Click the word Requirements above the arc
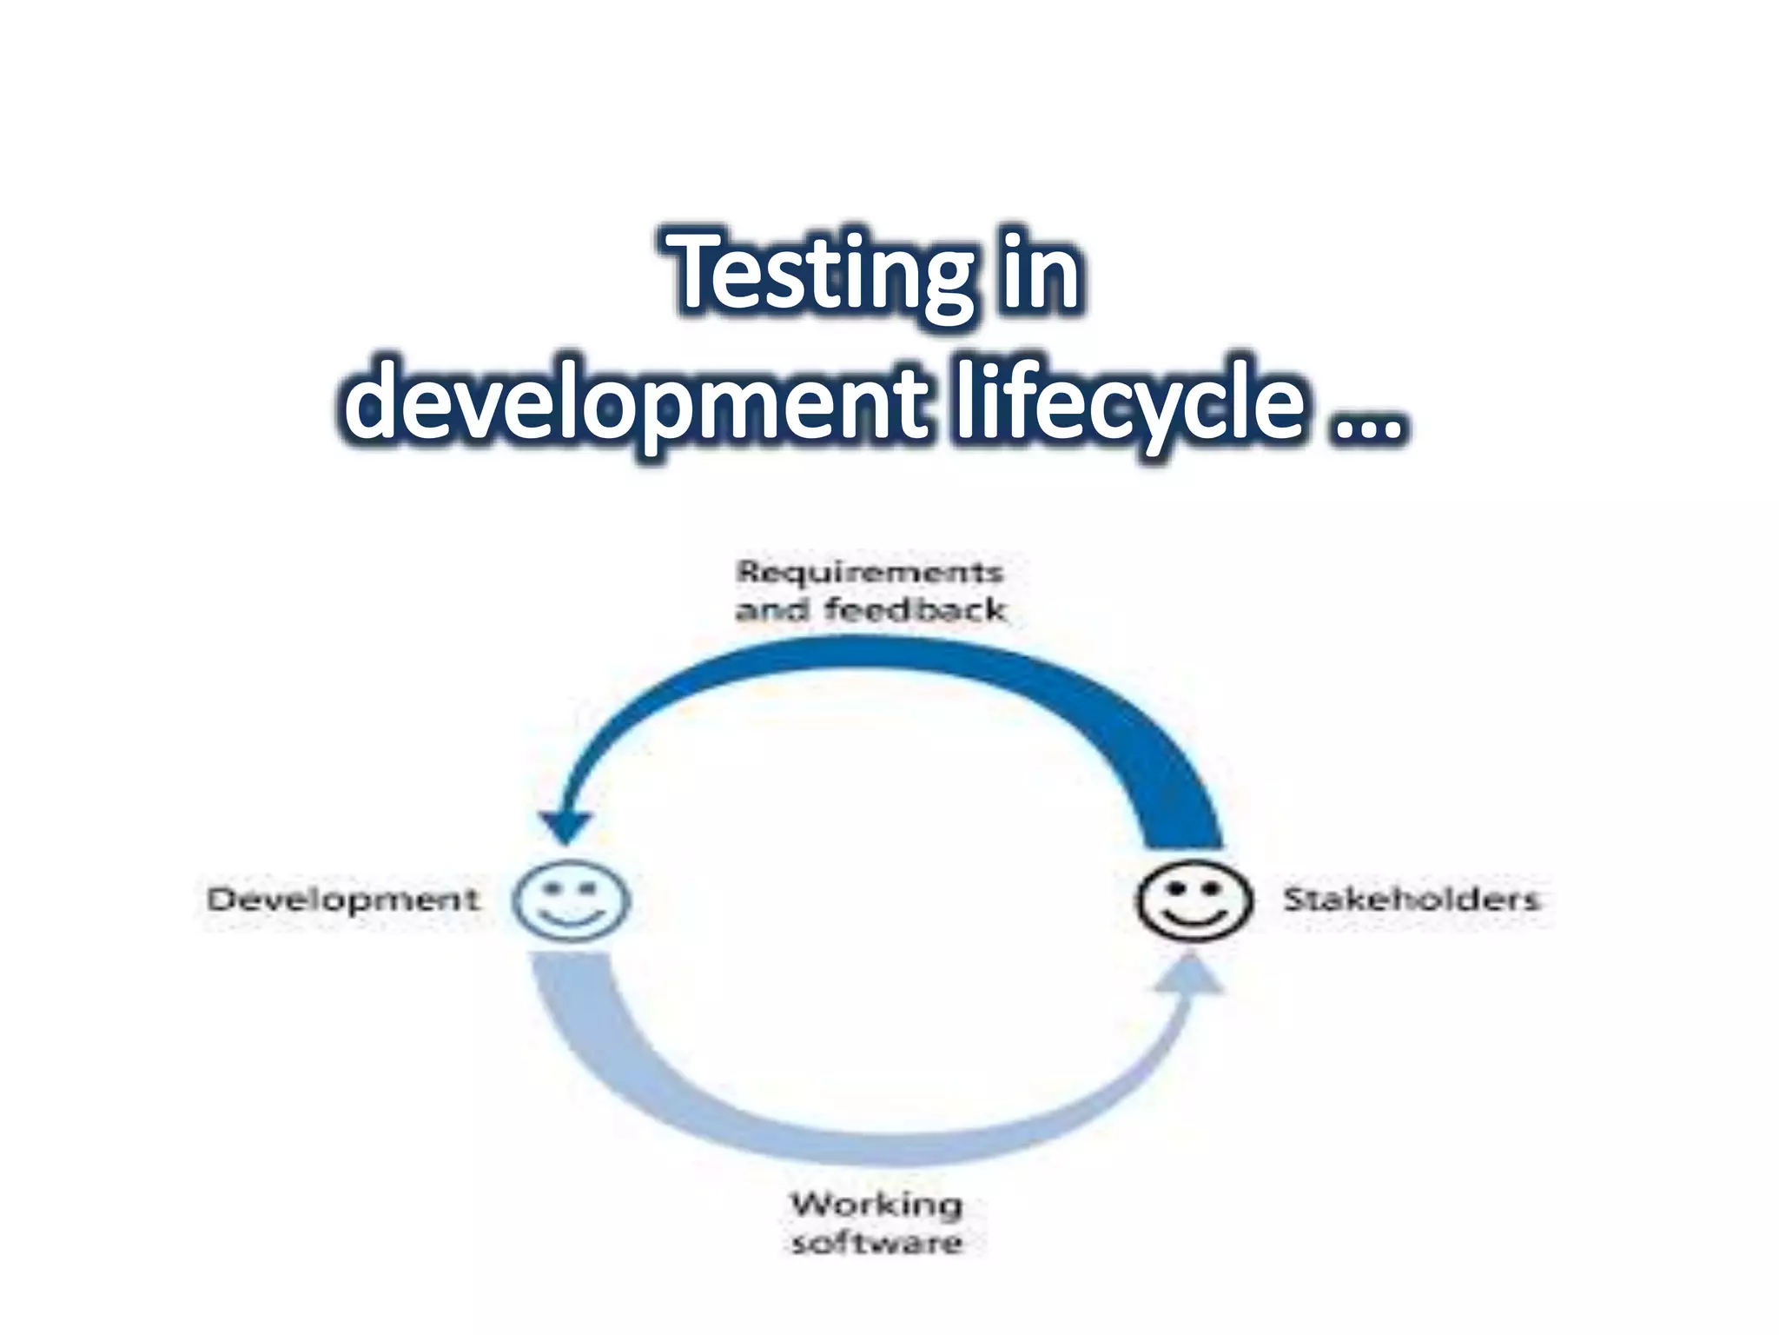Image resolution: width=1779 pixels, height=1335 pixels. pyautogui.click(x=870, y=573)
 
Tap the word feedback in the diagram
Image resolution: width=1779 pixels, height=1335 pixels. pyautogui.click(x=915, y=610)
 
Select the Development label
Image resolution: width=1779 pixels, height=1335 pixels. pyautogui.click(x=342, y=900)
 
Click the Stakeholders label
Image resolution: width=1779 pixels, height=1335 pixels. pyautogui.click(x=1411, y=899)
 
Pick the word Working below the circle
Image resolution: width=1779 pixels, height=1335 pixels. pyautogui.click(x=876, y=1205)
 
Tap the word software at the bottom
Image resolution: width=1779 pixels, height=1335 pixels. pyautogui.click(x=876, y=1243)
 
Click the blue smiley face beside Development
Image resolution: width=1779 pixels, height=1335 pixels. pyautogui.click(x=571, y=900)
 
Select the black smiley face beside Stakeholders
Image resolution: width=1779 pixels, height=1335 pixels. pyautogui.click(x=1194, y=900)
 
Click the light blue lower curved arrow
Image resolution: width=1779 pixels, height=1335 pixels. pyautogui.click(x=877, y=1146)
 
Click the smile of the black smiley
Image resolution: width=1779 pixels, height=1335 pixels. pyautogui.click(x=1194, y=916)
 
